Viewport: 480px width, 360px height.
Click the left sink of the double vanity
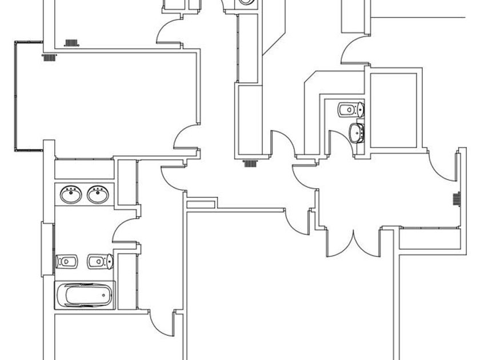click(71, 195)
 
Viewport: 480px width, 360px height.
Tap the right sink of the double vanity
click(98, 195)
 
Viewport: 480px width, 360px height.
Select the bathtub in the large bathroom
click(85, 295)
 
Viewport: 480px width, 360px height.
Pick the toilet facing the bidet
click(100, 262)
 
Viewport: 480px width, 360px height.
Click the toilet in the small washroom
click(350, 109)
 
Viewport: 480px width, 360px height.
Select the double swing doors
click(354, 242)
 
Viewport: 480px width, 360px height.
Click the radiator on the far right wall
click(457, 199)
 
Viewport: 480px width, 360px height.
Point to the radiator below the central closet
click(250, 163)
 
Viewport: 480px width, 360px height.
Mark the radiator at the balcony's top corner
click(49, 57)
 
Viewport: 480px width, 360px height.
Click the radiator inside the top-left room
click(71, 43)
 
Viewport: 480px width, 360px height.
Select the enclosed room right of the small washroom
click(395, 109)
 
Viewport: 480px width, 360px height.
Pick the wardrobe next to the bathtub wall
click(127, 280)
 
